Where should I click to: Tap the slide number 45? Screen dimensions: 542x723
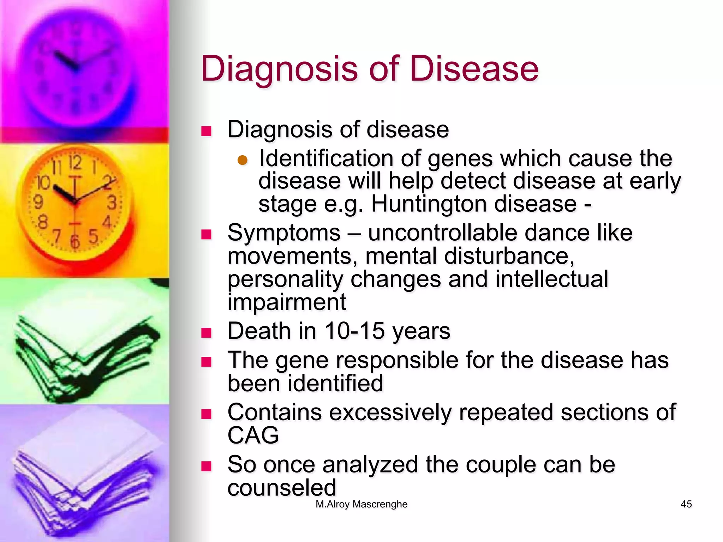tap(686, 504)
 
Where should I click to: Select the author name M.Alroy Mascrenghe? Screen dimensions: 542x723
tap(361, 504)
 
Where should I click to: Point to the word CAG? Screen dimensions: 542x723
tap(253, 435)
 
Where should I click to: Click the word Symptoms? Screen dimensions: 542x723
tap(284, 233)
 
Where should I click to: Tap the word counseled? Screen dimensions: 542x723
tap(282, 488)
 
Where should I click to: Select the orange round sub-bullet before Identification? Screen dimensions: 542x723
tap(243, 161)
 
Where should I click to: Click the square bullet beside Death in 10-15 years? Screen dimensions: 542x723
tap(206, 333)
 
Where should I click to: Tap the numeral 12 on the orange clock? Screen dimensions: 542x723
tap(75, 163)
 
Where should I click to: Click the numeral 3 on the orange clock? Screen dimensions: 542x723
tap(112, 203)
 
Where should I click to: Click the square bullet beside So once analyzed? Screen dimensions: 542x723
tap(206, 466)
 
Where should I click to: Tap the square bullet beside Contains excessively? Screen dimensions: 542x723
tap(206, 414)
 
